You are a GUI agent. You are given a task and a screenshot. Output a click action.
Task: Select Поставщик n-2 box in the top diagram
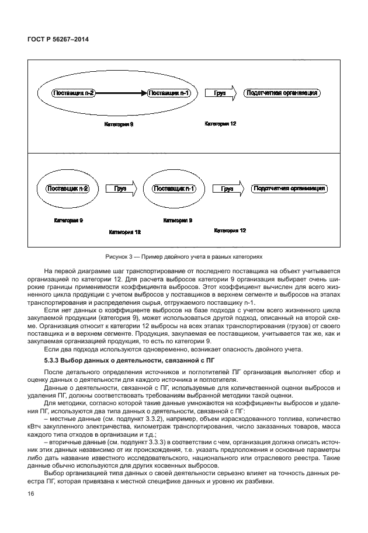[73, 93]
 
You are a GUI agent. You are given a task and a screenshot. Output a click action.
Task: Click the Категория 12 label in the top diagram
[220, 124]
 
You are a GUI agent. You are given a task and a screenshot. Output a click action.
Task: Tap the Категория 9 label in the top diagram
[119, 125]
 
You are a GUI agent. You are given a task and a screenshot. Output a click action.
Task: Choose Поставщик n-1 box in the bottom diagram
[174, 189]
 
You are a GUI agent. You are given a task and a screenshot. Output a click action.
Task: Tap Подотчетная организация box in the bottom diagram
[289, 189]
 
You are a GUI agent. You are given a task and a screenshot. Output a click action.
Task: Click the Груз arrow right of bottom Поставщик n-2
[120, 189]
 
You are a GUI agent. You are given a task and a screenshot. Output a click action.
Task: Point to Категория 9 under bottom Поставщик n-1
[178, 221]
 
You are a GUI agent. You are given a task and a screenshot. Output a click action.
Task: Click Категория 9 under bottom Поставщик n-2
[68, 221]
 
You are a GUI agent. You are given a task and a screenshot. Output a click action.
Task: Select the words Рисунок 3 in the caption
[119, 256]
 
